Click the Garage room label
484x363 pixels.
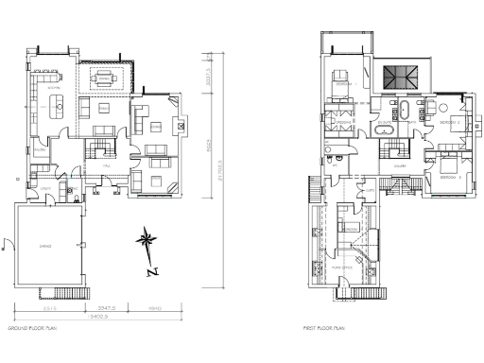pos(43,245)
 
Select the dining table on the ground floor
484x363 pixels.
pos(105,78)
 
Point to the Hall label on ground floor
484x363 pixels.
pos(107,164)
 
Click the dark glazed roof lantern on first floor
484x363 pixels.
pos(396,77)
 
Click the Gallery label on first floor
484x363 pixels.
pos(400,164)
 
